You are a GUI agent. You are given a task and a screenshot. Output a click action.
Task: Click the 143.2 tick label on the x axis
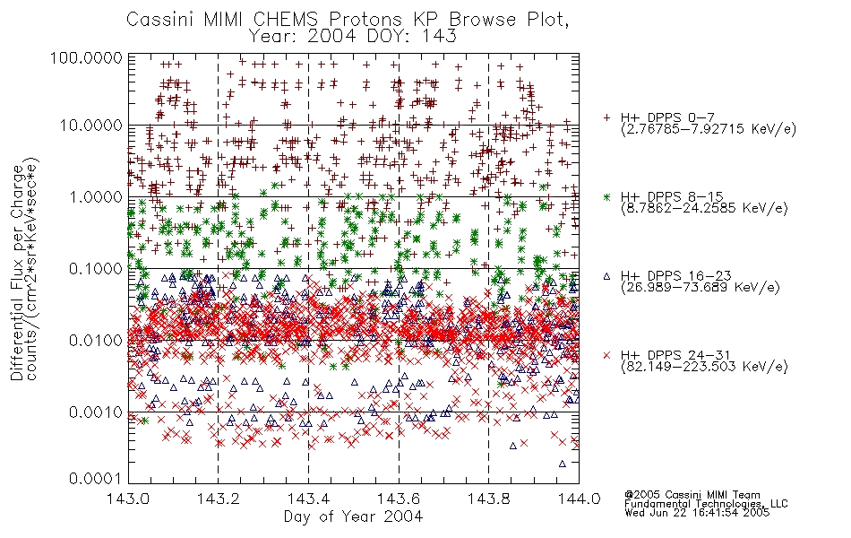point(219,499)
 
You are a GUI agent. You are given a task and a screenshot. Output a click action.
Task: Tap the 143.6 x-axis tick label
point(399,499)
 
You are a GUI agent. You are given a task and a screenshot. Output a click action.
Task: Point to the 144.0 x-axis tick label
point(579,499)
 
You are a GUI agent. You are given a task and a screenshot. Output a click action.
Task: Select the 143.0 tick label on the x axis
point(128,499)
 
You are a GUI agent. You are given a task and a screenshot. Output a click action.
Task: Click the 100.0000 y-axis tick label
point(86,57)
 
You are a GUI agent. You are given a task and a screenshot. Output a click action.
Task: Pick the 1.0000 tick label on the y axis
point(95,196)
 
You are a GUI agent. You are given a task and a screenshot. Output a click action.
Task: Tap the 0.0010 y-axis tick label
point(95,412)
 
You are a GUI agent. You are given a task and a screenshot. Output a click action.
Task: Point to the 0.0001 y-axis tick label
point(95,479)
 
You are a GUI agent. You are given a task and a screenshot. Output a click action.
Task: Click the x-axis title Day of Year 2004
point(353,516)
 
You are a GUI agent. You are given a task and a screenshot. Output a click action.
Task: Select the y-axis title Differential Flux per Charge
point(17,273)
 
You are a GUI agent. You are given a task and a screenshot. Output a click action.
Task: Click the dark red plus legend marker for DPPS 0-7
point(606,117)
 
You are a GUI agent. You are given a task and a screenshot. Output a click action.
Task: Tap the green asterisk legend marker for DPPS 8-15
point(606,196)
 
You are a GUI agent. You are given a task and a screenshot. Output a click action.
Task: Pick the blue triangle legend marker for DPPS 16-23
point(606,276)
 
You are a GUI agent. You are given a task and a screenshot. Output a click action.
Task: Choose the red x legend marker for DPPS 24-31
point(606,355)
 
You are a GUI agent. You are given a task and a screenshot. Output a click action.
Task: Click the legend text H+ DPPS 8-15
point(672,196)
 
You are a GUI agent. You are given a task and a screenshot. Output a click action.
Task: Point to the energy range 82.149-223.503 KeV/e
point(704,367)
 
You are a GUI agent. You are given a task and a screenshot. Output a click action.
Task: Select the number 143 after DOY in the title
point(440,36)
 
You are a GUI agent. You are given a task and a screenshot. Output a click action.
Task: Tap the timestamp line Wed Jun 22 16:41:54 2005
point(697,513)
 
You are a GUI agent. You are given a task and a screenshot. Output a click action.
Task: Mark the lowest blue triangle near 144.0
point(563,464)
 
